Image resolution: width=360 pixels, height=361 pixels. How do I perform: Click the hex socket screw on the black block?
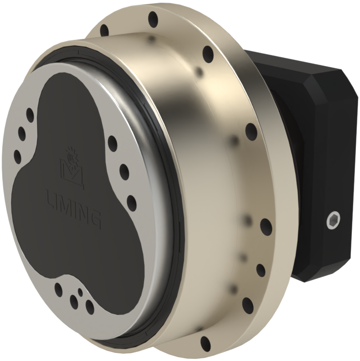334,221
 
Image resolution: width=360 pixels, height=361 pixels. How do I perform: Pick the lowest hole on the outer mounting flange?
205,343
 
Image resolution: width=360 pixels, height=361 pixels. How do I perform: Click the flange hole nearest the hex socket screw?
266,226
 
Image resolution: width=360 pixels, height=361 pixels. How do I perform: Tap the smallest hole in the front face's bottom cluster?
80,292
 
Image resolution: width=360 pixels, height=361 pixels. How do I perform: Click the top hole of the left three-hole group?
30,114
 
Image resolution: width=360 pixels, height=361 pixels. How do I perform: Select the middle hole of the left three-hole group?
22,133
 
